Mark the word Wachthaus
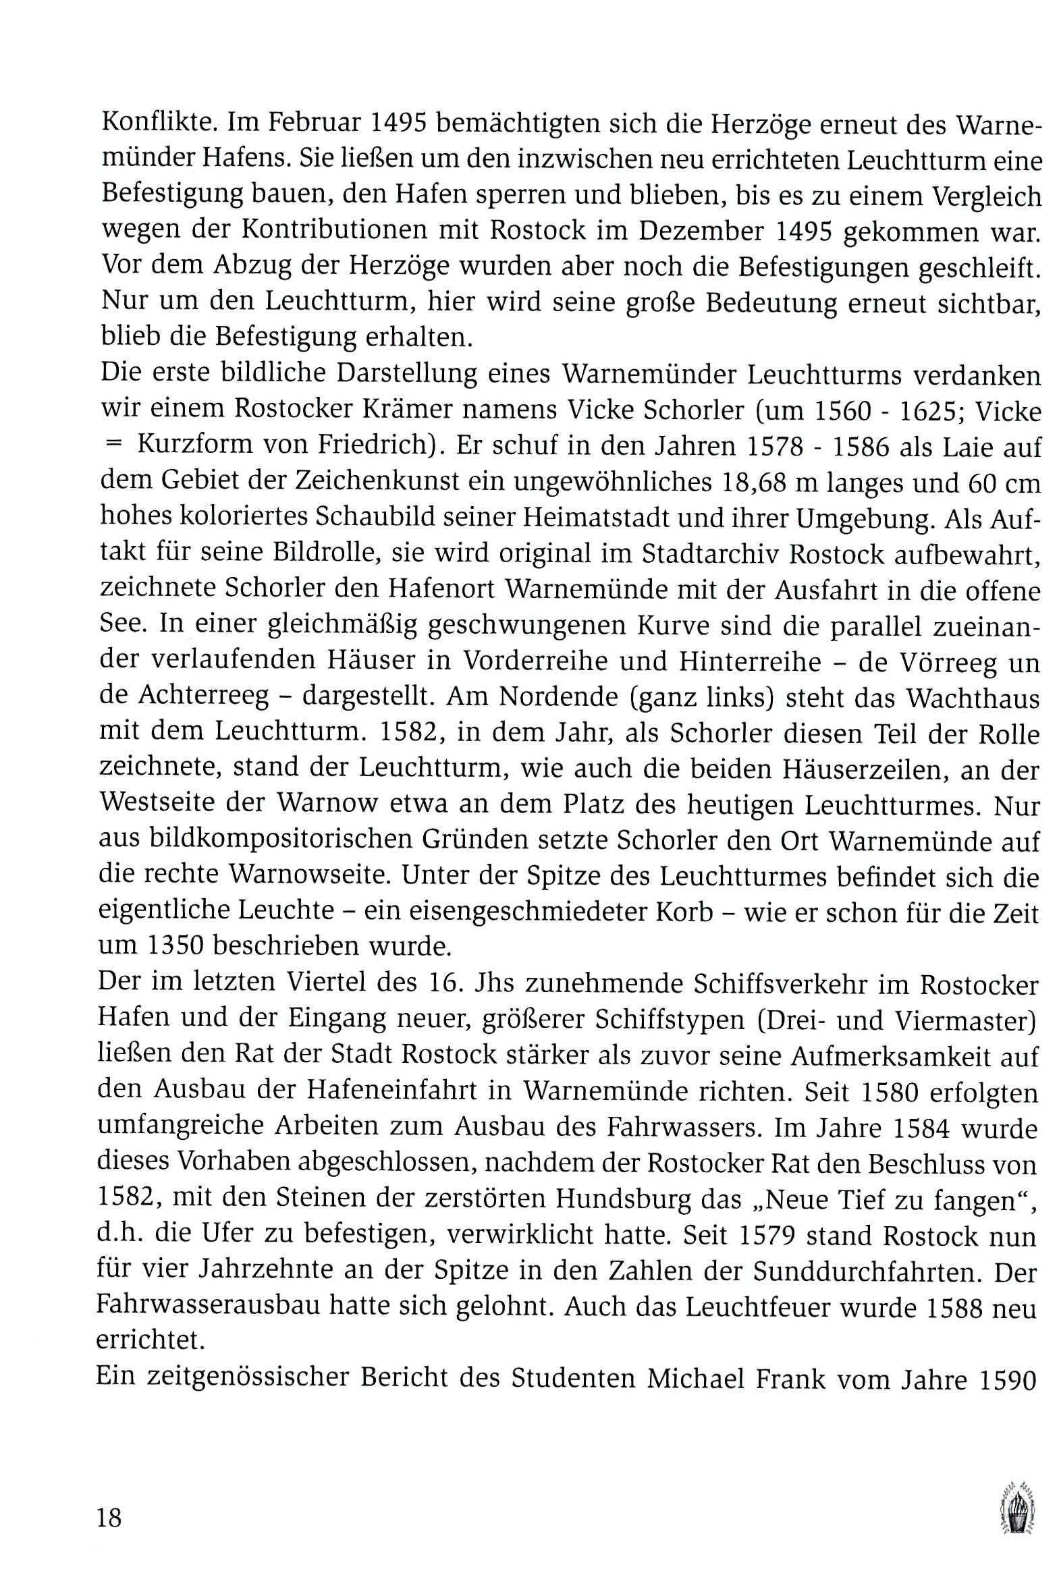[x=973, y=696]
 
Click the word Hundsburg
[x=624, y=1199]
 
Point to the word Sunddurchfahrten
[x=868, y=1271]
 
